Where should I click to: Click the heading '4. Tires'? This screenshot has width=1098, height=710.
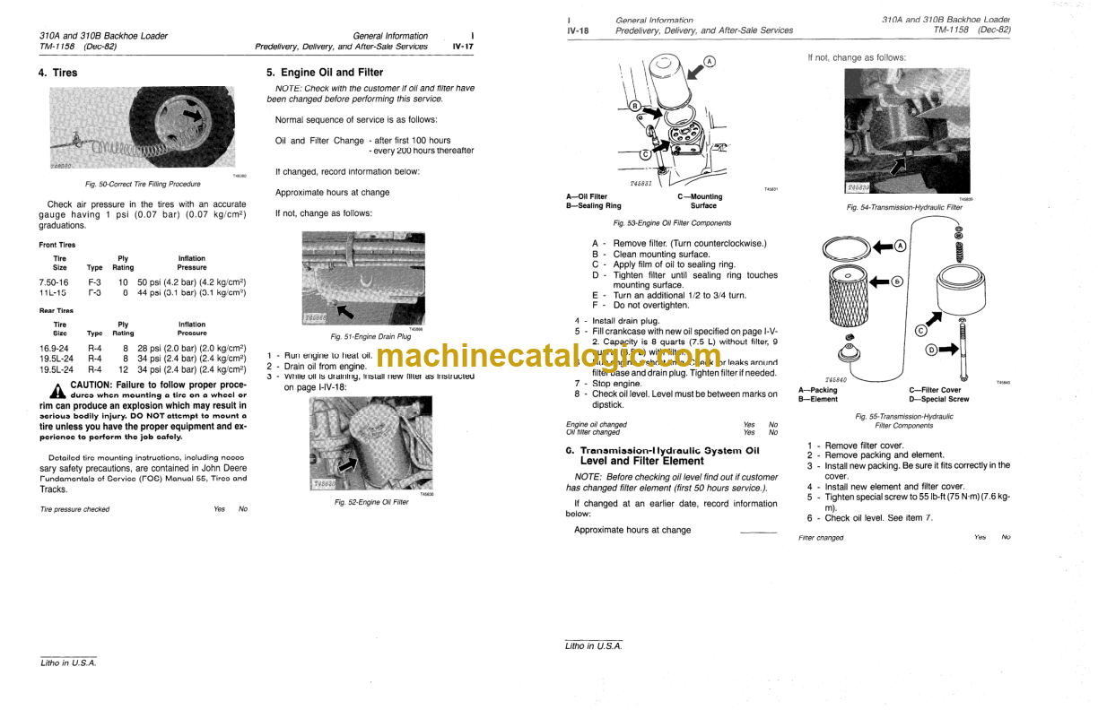(58, 73)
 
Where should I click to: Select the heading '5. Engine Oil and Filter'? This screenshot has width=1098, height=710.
(325, 73)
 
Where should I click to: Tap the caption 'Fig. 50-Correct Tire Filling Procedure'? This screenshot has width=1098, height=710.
(143, 184)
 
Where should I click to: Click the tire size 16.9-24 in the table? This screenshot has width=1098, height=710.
(53, 347)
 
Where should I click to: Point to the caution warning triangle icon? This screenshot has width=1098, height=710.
(57, 390)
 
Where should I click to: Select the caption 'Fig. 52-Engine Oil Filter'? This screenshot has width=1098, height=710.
(371, 502)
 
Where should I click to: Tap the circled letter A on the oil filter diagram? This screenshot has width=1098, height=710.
(709, 62)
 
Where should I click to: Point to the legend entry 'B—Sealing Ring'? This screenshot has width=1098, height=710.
(594, 206)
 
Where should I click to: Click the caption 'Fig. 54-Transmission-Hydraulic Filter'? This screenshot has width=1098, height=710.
(904, 207)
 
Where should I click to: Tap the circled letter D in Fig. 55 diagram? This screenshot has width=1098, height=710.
(930, 350)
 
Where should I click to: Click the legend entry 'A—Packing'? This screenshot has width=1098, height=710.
(817, 390)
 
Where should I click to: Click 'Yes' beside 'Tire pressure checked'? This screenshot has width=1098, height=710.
(219, 509)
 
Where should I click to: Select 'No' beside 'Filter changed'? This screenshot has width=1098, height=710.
(1006, 537)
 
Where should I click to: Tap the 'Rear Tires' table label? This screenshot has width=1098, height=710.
(57, 310)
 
